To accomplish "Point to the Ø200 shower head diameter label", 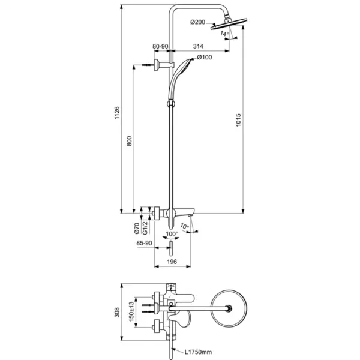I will [x=197, y=23].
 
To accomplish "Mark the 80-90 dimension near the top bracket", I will [x=160, y=46].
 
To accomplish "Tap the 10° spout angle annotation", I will [x=186, y=227].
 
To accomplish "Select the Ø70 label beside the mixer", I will [x=136, y=228].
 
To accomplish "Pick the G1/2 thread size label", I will [x=144, y=229].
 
